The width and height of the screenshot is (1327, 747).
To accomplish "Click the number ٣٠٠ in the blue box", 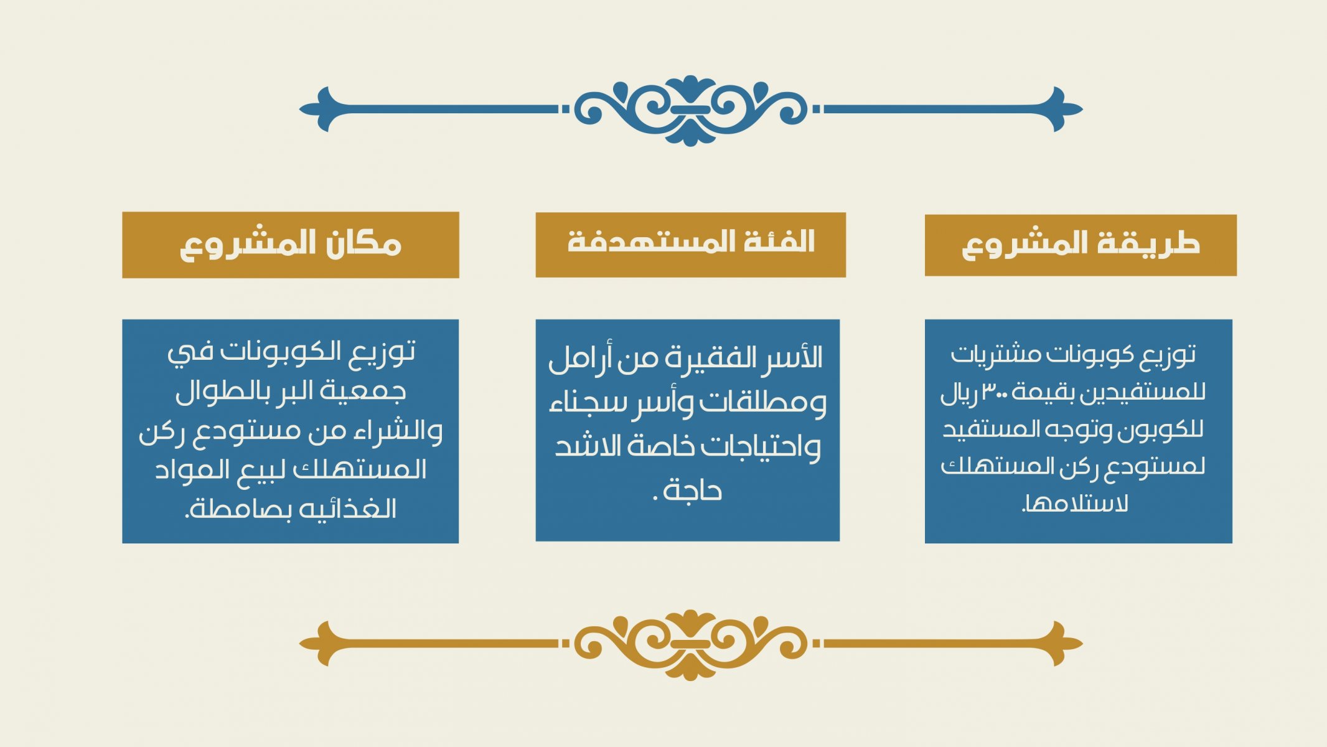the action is point(996,392).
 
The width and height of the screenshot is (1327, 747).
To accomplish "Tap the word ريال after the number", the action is point(959,393).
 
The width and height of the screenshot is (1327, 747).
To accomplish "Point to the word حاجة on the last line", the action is point(692,491).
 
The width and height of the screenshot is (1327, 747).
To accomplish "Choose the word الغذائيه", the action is point(349,509).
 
